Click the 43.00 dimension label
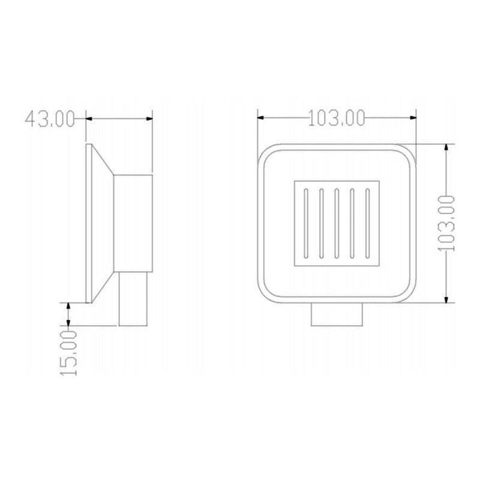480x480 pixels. click(x=50, y=119)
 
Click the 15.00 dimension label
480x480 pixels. click(x=68, y=353)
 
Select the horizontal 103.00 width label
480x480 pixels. click(x=337, y=118)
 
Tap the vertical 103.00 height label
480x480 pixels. click(x=446, y=223)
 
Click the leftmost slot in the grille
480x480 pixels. click(x=306, y=223)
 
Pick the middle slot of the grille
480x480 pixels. click(x=337, y=223)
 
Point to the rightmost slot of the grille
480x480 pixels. click(x=368, y=223)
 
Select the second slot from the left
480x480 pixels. click(x=322, y=223)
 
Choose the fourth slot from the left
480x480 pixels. click(x=352, y=223)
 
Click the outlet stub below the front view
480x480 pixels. click(x=337, y=314)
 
